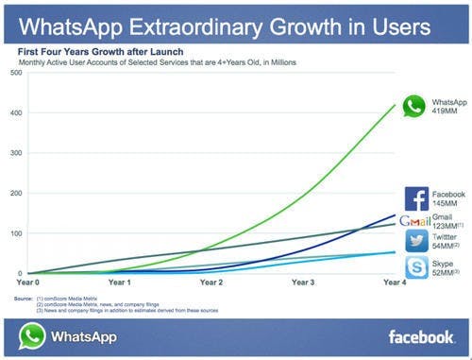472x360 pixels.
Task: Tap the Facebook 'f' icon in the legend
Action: [x=416, y=198]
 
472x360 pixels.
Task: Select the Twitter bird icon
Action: [x=416, y=242]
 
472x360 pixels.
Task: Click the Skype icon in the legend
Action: [x=416, y=267]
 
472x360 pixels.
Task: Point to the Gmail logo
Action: [x=414, y=221]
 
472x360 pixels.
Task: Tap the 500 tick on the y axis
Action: [x=15, y=73]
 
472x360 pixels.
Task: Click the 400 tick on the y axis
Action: [x=15, y=113]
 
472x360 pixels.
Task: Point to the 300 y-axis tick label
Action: [x=15, y=153]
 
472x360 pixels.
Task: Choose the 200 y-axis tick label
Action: [x=15, y=193]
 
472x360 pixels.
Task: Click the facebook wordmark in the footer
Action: [x=421, y=336]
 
